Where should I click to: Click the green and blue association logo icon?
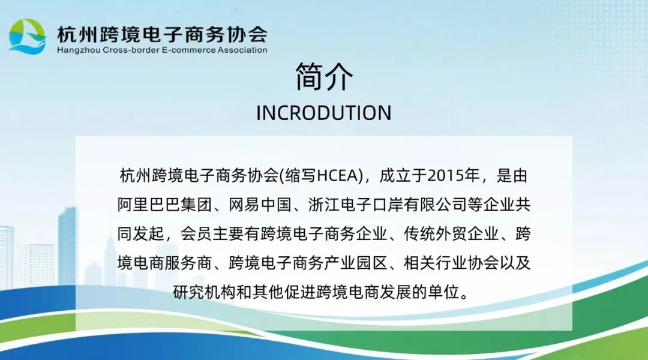coord(27,37)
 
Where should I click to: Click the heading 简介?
coord(324,77)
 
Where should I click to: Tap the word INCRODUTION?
coord(323,113)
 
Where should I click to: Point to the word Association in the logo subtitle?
coord(242,50)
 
